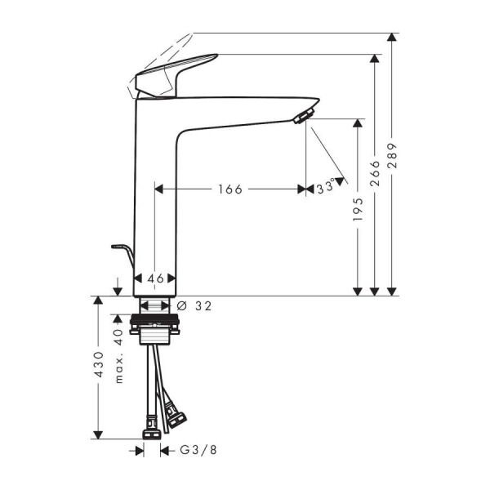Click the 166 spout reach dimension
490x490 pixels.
point(229,189)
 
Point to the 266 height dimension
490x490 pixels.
point(376,174)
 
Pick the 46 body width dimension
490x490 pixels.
point(155,278)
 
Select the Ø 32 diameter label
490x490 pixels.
point(194,306)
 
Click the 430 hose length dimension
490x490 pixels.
point(99,365)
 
